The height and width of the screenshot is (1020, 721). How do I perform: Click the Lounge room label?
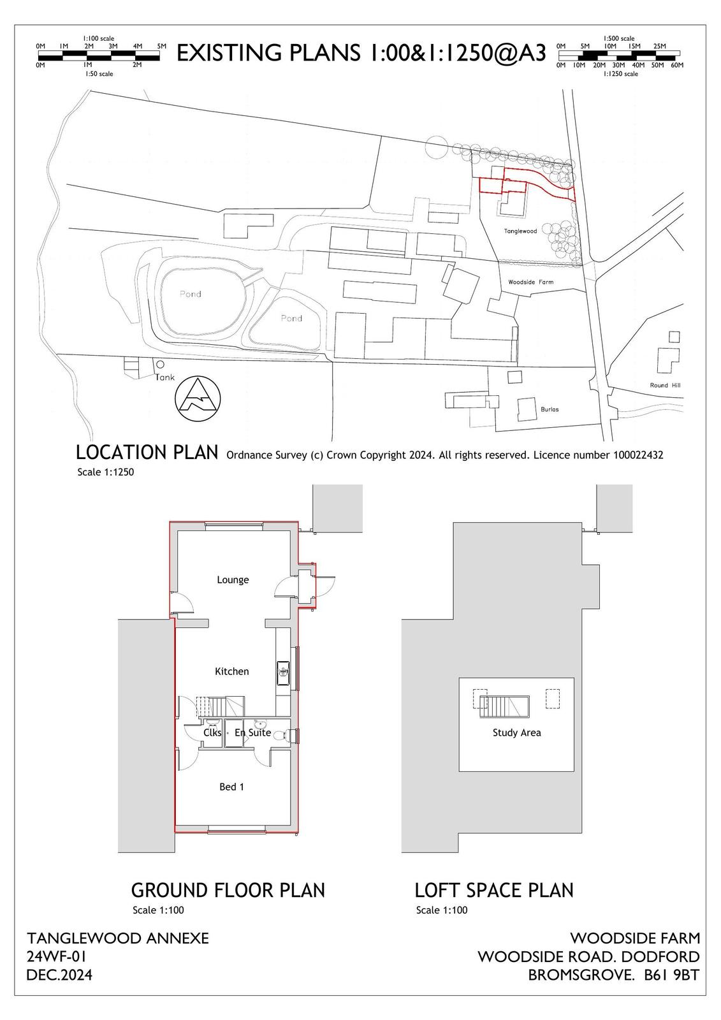(233, 579)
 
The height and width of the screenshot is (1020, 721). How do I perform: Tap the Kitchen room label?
(232, 671)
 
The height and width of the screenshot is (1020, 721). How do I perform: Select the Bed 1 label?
(232, 787)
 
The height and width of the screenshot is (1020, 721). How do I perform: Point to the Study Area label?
(516, 732)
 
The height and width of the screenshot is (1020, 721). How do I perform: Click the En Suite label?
(253, 732)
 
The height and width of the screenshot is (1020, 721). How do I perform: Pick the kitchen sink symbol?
(283, 673)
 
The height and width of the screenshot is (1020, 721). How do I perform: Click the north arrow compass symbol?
(198, 398)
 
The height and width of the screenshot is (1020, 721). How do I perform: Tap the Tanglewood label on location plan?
(520, 231)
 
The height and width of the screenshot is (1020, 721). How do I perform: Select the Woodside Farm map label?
(530, 282)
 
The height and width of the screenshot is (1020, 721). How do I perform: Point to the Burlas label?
(550, 409)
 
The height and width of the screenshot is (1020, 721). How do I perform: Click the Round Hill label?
(665, 385)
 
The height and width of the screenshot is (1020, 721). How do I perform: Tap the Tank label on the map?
(165, 377)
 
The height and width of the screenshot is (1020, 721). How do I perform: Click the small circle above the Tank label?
(160, 364)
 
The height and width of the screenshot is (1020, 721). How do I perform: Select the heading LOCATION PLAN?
(147, 453)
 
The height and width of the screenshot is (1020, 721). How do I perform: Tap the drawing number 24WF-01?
(57, 956)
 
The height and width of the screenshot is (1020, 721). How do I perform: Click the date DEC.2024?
(59, 975)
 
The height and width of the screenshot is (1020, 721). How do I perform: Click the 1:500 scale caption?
(619, 39)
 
